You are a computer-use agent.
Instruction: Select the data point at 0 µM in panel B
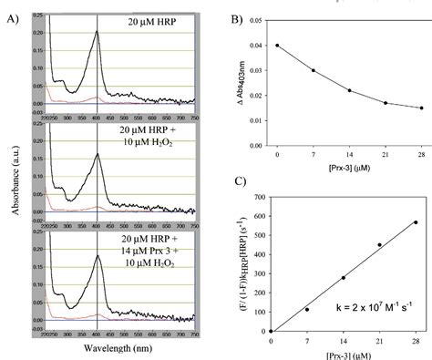pyautogui.click(x=277, y=46)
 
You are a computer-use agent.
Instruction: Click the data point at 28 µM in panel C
pyautogui.click(x=416, y=222)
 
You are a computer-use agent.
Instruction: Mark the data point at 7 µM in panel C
pyautogui.click(x=307, y=309)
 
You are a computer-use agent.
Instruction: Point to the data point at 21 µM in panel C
pyautogui.click(x=379, y=244)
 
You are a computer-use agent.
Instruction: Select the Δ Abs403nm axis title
pyautogui.click(x=244, y=78)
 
